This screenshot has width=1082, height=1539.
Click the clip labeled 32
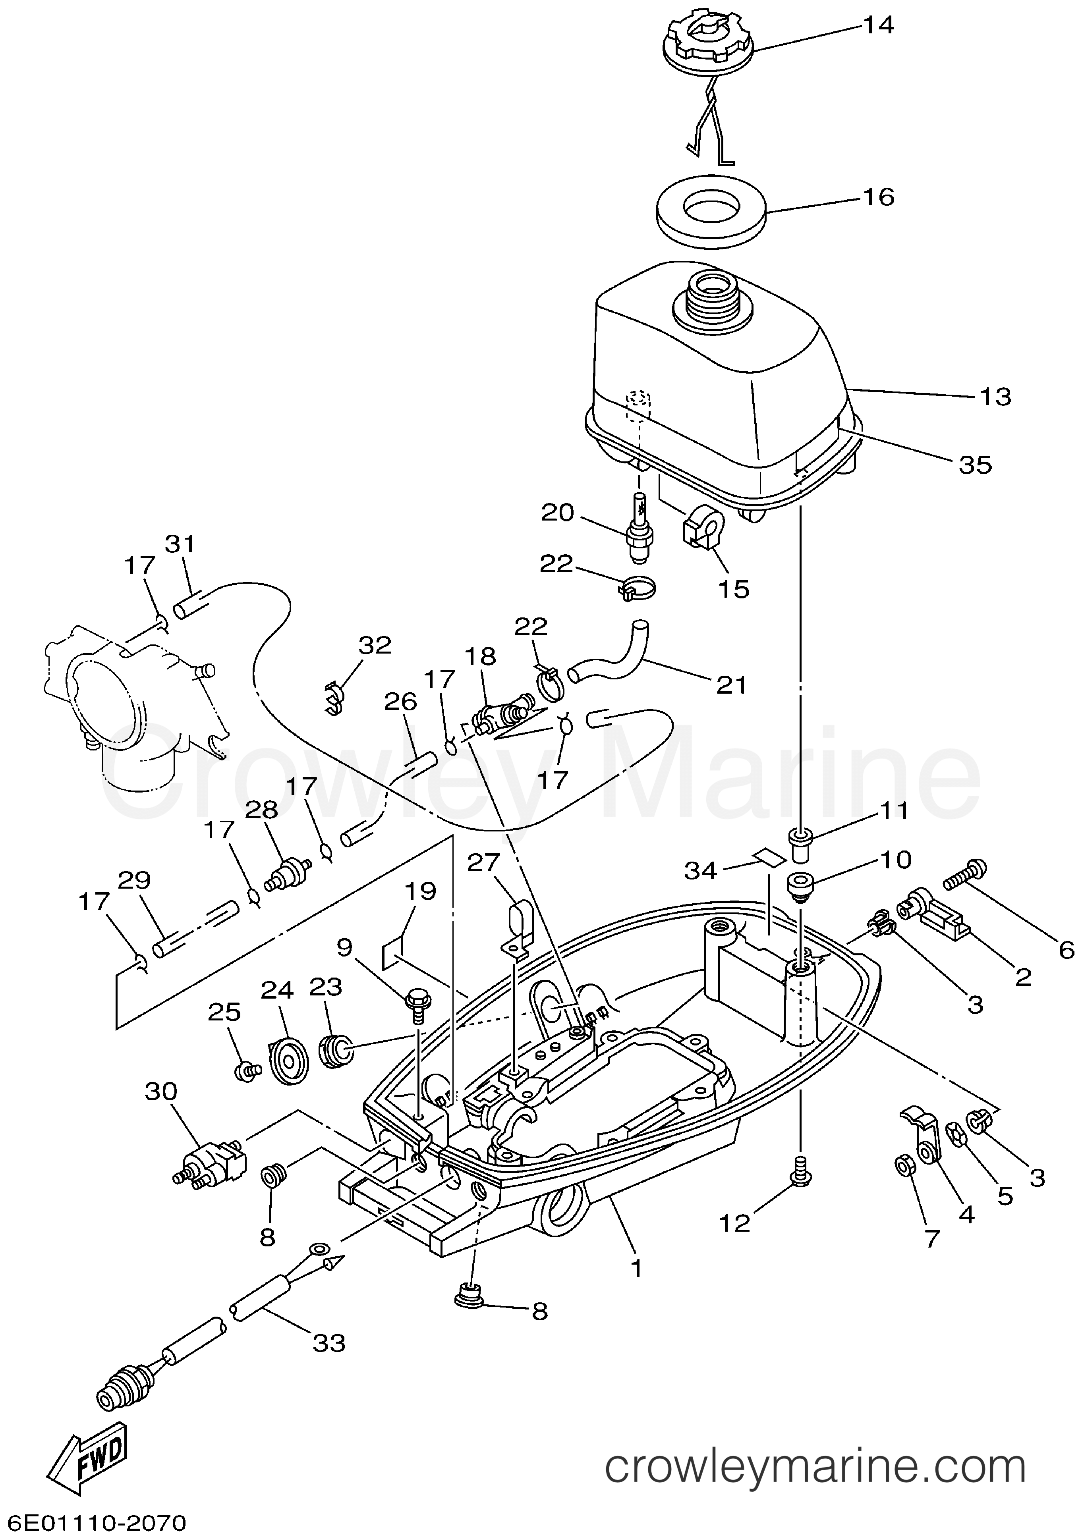332,697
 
